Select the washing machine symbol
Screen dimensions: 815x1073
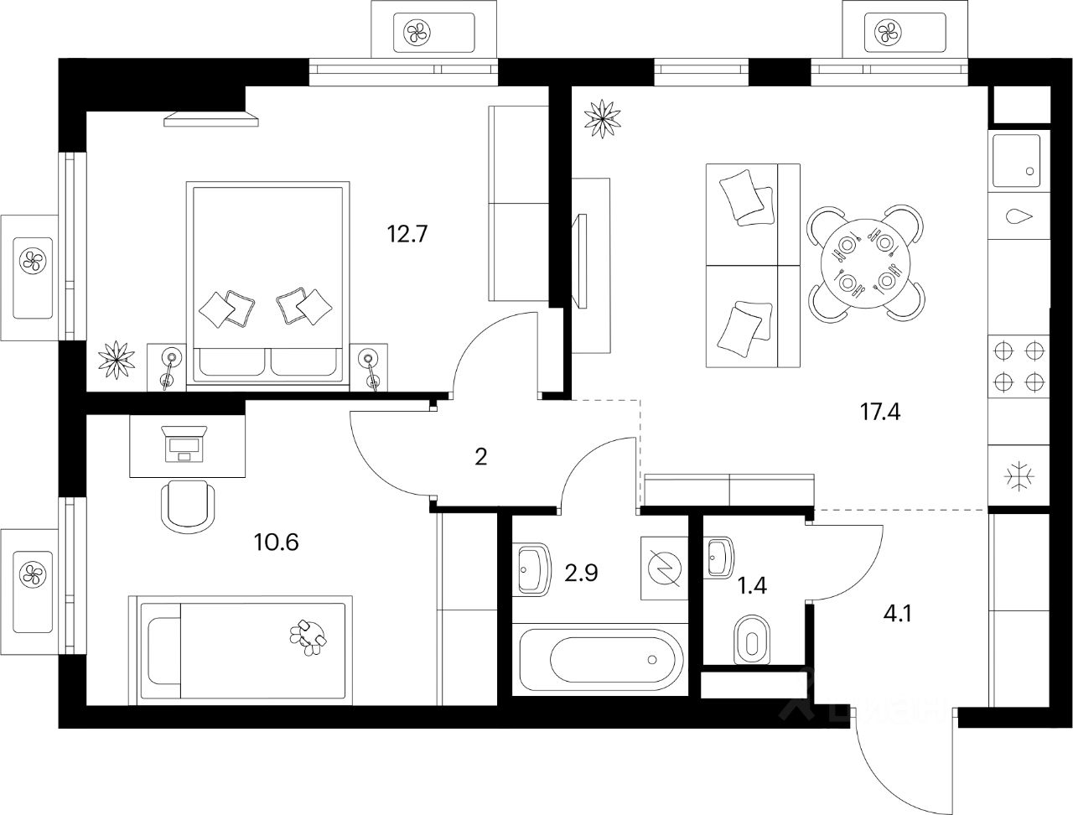click(x=664, y=568)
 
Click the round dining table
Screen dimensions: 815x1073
click(x=867, y=263)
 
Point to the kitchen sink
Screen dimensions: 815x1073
click(x=1016, y=162)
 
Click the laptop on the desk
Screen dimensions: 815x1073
click(x=186, y=442)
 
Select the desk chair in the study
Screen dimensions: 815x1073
click(x=187, y=505)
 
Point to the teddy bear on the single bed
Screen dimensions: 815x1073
click(x=308, y=636)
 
